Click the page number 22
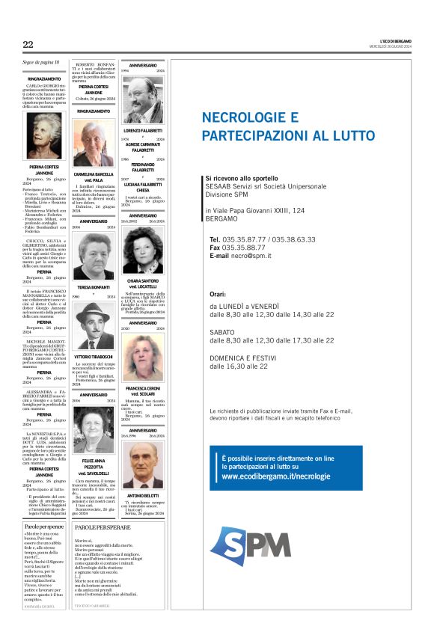click(28, 45)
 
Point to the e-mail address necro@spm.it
click(251, 256)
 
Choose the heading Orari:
click(218, 295)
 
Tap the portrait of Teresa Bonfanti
click(94, 255)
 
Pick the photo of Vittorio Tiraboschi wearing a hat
click(94, 326)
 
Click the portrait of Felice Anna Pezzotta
click(94, 429)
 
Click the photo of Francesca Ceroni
click(143, 358)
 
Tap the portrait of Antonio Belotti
click(143, 465)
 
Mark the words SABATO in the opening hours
click(221, 331)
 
